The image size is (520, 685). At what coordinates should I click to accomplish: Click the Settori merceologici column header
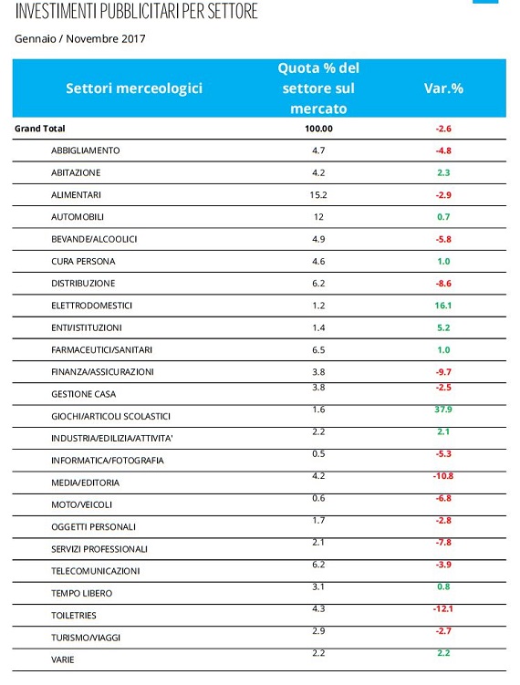(134, 88)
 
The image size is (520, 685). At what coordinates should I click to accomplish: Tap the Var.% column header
(443, 88)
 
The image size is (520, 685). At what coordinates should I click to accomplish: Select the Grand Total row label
(40, 129)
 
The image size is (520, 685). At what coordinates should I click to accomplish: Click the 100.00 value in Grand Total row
(318, 129)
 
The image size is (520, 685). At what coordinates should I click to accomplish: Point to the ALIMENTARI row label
(76, 195)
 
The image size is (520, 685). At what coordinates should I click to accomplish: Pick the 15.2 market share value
(318, 195)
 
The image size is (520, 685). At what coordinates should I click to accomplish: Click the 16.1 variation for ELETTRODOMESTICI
(443, 306)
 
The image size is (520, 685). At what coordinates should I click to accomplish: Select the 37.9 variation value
(443, 410)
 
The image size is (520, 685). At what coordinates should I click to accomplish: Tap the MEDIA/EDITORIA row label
(85, 483)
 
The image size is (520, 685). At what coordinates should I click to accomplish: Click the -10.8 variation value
(443, 476)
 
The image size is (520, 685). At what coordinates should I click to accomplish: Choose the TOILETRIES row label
(73, 616)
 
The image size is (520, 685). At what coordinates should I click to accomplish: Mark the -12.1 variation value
(443, 608)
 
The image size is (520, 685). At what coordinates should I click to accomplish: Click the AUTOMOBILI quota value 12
(318, 217)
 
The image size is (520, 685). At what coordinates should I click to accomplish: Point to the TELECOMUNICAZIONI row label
(95, 571)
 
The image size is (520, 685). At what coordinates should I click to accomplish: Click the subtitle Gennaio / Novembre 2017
(80, 39)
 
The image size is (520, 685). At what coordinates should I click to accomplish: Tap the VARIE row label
(62, 659)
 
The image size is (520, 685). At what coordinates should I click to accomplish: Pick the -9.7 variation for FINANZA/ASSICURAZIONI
(443, 372)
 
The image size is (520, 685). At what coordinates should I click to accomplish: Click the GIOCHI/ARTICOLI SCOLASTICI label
(110, 416)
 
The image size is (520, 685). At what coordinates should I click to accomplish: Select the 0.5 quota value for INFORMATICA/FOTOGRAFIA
(318, 454)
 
